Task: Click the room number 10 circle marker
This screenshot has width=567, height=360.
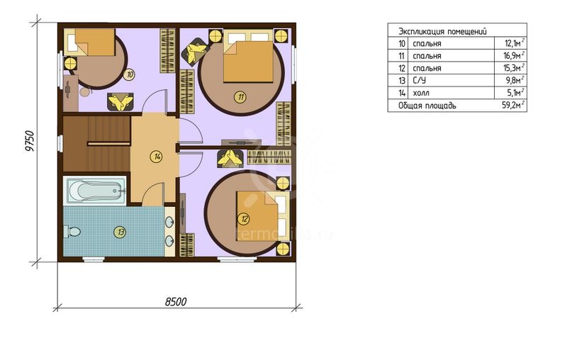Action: [x=128, y=75]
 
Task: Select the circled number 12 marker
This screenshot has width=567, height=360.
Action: [x=245, y=219]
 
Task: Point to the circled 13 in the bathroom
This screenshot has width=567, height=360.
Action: [x=120, y=232]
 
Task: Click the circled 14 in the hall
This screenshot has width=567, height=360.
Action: [x=157, y=157]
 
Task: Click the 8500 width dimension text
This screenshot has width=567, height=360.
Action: [x=176, y=302]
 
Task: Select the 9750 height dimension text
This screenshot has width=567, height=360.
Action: [x=30, y=141]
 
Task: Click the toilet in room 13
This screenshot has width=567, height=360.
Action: [x=72, y=232]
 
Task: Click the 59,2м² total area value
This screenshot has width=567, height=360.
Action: [x=515, y=106]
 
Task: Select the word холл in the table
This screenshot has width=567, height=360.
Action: [x=421, y=94]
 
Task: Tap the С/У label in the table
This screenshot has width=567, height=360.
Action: [x=419, y=80]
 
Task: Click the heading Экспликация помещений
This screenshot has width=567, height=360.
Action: [x=442, y=31]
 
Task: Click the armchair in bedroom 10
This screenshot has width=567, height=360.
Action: [x=120, y=102]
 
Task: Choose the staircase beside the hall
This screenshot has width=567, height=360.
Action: [x=97, y=144]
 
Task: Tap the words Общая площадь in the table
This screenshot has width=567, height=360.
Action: [x=427, y=106]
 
